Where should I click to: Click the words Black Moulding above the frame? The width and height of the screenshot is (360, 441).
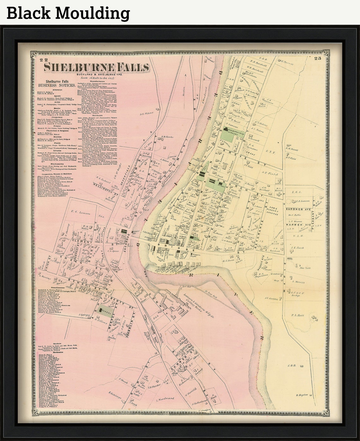68,13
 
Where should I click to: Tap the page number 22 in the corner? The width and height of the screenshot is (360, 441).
43,59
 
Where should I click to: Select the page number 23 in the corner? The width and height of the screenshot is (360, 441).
318,58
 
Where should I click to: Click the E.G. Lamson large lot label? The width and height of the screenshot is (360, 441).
76,211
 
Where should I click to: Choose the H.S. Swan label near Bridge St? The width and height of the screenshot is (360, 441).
228,261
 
